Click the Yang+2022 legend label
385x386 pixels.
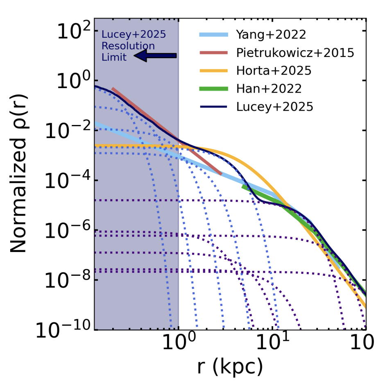click(271, 34)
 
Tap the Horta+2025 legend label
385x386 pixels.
click(274, 70)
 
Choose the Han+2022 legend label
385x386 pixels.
click(269, 89)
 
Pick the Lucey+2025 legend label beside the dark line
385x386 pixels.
click(275, 107)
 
